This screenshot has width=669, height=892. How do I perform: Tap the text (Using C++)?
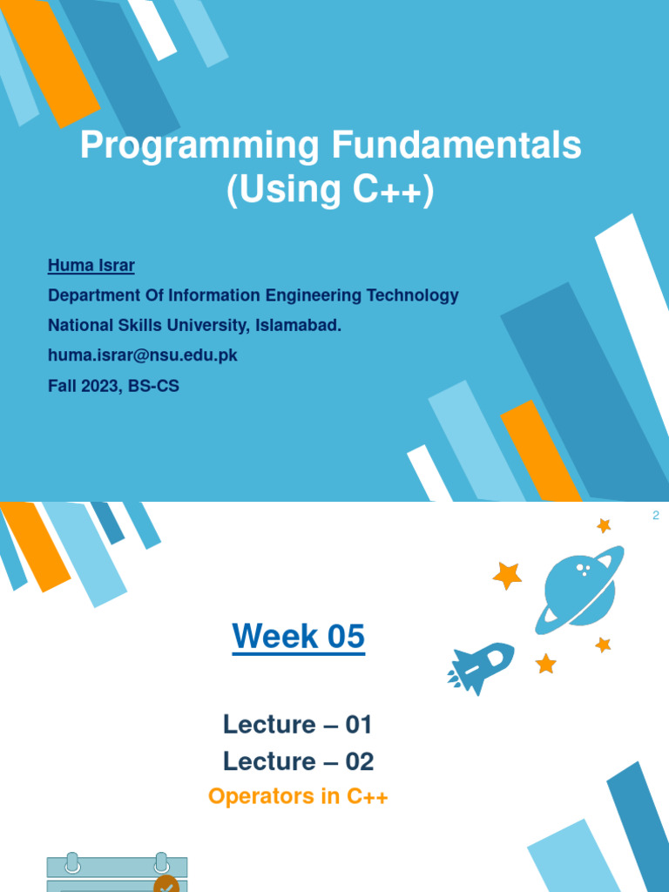click(330, 191)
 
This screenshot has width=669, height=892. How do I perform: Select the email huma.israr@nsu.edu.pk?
click(143, 355)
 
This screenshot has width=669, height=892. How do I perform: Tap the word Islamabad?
click(298, 326)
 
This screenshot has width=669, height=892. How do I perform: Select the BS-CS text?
click(154, 386)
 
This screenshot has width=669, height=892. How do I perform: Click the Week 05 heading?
click(298, 638)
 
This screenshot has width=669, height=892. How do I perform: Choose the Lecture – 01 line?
click(298, 724)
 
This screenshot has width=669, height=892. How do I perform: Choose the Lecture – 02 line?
click(298, 761)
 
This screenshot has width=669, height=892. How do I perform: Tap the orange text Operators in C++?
click(298, 797)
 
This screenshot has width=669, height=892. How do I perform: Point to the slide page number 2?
click(656, 516)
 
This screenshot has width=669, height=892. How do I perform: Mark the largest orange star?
click(507, 575)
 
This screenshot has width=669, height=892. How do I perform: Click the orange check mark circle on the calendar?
click(166, 884)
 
